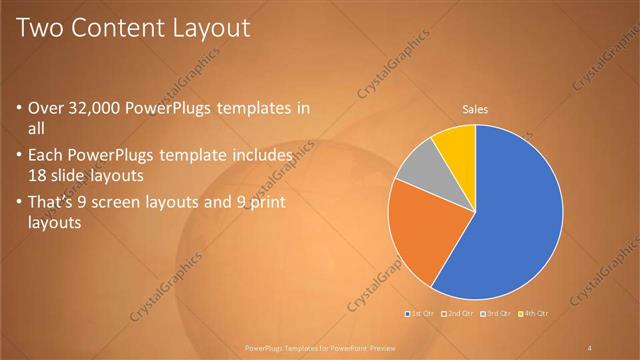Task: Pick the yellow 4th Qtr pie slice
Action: [x=456, y=143]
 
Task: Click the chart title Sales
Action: [x=474, y=111]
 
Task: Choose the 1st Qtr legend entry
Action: [x=421, y=313]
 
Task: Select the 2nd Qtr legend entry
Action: [x=458, y=313]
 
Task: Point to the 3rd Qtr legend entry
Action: [x=496, y=313]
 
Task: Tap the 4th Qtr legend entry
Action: [x=533, y=313]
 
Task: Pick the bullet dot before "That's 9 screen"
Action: [x=19, y=204]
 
